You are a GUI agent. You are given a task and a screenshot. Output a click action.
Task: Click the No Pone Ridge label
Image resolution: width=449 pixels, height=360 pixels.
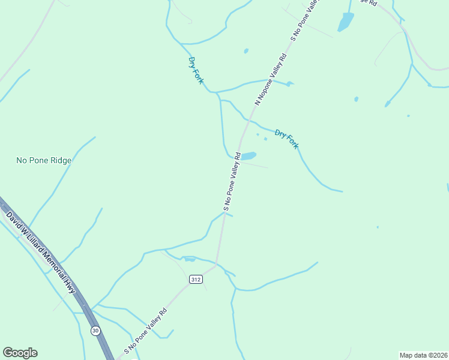[44, 160]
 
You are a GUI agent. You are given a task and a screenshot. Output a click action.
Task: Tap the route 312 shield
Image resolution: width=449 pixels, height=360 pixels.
[195, 280]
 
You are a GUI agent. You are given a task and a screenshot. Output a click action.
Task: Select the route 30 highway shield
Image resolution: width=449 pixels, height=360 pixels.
[95, 331]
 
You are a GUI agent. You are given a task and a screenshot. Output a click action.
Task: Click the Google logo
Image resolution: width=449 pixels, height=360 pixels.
[20, 353]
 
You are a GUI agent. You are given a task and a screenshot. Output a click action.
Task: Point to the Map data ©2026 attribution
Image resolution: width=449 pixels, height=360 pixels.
[423, 355]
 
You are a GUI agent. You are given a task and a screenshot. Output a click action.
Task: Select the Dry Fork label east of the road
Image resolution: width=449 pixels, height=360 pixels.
[286, 139]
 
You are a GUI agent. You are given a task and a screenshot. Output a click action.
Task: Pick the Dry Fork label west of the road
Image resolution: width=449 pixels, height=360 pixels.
[196, 70]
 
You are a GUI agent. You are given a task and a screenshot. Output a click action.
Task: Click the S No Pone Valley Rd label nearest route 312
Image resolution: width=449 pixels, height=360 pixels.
[145, 331]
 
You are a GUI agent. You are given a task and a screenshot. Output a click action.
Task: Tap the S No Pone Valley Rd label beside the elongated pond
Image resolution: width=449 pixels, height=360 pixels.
[232, 182]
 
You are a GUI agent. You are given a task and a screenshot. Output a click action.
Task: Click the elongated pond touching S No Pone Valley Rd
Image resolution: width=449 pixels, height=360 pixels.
[249, 156]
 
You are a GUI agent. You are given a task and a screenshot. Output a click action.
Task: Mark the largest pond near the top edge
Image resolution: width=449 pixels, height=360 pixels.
[346, 22]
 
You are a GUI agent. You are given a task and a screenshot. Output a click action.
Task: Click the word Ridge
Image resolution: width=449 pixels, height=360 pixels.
[61, 160]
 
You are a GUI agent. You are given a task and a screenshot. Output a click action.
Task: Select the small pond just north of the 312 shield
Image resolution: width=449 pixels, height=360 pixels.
[190, 259]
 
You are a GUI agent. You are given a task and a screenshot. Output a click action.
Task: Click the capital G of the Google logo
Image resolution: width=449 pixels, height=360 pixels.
[8, 352]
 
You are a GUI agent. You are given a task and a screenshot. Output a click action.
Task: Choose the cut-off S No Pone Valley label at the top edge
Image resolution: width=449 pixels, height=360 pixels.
[304, 19]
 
